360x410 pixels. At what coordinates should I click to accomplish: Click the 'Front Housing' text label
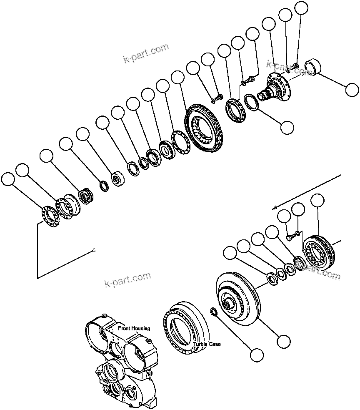(x=134, y=328)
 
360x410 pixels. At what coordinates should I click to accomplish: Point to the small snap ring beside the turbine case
(x=213, y=312)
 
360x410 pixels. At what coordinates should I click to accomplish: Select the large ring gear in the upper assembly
(x=205, y=127)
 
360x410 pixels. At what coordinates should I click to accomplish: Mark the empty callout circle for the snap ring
(x=257, y=355)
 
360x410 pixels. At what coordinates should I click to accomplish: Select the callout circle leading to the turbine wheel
(x=283, y=341)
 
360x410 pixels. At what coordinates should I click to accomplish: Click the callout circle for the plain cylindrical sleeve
(x=352, y=89)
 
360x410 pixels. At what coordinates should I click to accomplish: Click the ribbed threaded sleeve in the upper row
(x=86, y=195)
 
